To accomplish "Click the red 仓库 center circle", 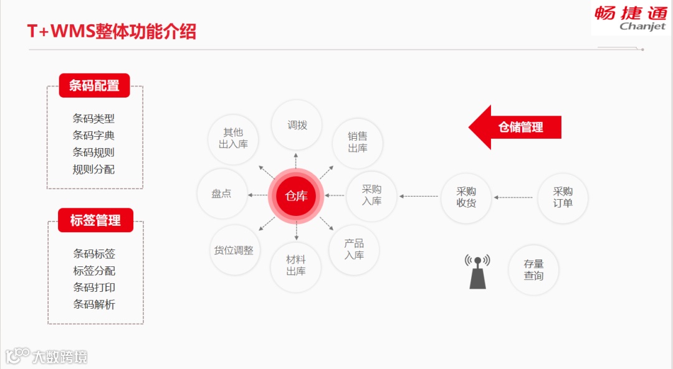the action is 297,196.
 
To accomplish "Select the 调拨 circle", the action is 297,125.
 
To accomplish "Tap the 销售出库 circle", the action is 358,142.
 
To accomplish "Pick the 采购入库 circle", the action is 372,195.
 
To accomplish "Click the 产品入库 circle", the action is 354,249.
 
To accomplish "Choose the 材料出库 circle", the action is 296,266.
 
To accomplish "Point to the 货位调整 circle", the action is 234,250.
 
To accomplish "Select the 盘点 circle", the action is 222,194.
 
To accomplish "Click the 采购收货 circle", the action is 466,197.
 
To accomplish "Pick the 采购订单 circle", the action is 563,197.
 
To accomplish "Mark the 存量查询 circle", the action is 533,269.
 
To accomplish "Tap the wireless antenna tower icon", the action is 477,271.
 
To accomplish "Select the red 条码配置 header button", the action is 94,86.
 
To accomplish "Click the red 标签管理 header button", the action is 95,220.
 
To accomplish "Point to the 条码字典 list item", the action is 93,136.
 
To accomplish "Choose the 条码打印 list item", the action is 94,287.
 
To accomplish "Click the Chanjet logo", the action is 630,17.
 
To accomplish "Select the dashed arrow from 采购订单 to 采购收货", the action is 514,198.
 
